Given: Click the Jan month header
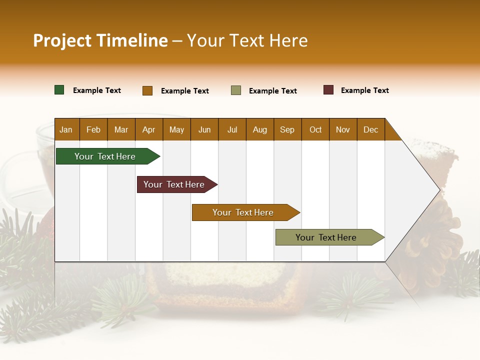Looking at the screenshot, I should [x=66, y=129].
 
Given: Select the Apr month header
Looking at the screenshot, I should [x=149, y=129].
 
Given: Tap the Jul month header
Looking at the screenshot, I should [x=232, y=129].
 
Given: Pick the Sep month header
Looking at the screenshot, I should [x=287, y=129].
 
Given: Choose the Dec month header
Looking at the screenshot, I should [x=370, y=129].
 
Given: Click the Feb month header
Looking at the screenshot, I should [x=93, y=129].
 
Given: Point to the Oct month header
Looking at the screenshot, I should [x=315, y=129].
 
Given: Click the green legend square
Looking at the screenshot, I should [x=59, y=90].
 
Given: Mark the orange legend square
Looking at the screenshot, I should [x=147, y=90].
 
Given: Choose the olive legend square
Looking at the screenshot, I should [x=236, y=90].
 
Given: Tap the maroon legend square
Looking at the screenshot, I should [x=328, y=90].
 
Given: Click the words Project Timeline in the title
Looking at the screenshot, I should [x=100, y=40].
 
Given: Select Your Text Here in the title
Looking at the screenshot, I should [x=247, y=40].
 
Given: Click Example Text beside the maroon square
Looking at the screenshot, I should [x=364, y=90].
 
